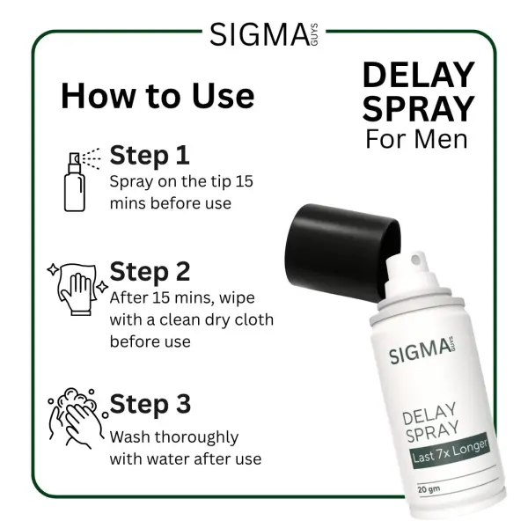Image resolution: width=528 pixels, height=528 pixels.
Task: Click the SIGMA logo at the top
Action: [x=264, y=34]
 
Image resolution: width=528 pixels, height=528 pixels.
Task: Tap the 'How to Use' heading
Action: [x=158, y=95]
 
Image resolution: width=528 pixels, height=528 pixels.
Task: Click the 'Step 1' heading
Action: [x=150, y=156]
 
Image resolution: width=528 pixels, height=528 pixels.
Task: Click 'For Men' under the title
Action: [x=417, y=138]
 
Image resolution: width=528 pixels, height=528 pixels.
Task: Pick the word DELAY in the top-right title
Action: [x=419, y=75]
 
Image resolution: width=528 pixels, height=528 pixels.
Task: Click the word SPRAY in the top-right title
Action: [x=419, y=108]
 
